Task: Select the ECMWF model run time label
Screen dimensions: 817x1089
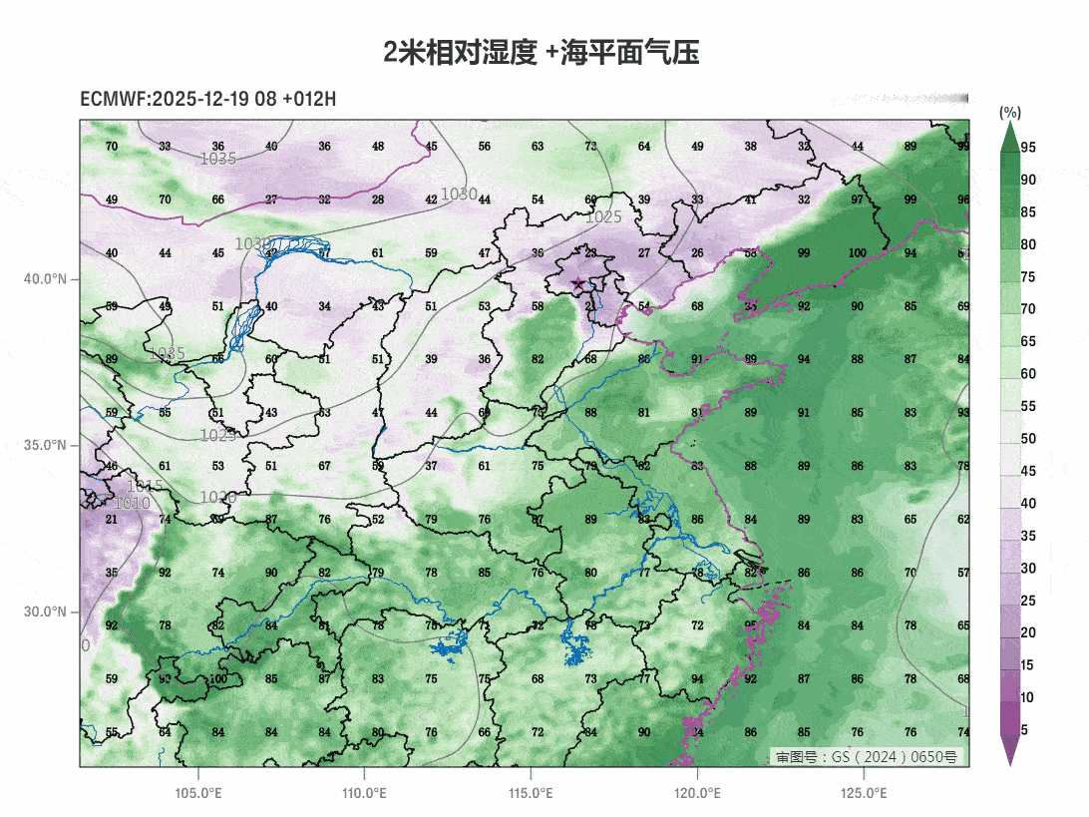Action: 207,99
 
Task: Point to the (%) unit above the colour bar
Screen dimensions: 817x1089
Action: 1010,112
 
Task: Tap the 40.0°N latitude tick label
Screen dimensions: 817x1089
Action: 45,278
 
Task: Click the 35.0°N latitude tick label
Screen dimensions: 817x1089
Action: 45,445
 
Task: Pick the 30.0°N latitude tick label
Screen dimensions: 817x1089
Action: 45,612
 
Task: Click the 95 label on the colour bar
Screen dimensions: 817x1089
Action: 1028,148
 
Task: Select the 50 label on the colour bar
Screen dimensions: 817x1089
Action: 1028,439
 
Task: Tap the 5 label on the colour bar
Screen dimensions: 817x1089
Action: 1024,730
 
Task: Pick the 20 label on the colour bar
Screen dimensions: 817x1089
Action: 1028,633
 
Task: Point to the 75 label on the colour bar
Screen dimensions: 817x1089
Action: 1028,277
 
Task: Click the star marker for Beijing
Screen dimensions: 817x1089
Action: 577,284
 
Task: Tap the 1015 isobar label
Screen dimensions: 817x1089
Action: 146,487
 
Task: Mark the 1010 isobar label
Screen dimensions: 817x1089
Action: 132,504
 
